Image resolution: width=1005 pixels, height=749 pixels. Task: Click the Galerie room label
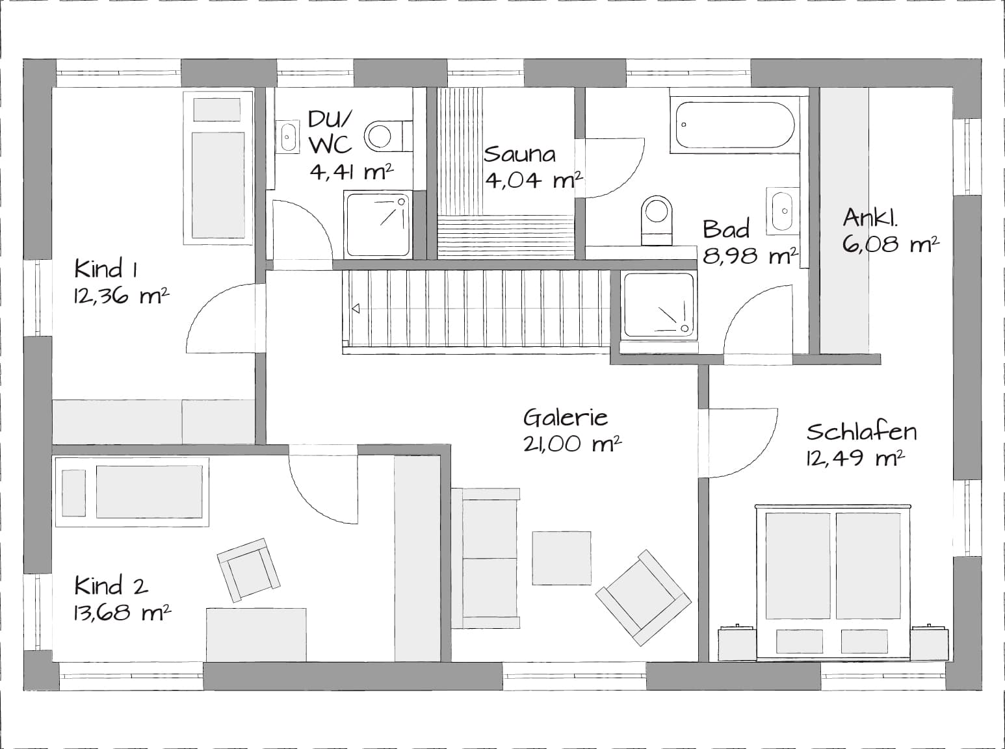[566, 417]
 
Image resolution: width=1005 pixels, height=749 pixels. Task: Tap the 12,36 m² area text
[122, 296]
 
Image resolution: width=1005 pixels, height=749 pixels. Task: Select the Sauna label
[519, 154]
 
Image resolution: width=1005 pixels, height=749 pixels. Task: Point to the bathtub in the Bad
[735, 125]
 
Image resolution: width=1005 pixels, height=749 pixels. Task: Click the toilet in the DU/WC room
[388, 136]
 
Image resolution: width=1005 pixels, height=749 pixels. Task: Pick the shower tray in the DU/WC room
[378, 225]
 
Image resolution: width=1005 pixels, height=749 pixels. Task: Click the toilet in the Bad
[657, 220]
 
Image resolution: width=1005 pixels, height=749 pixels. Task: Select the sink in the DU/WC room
[288, 136]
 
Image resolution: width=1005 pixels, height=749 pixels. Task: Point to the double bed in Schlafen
[833, 582]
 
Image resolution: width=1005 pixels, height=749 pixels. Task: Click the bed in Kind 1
[218, 168]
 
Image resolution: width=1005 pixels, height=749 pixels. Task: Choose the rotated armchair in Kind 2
[248, 570]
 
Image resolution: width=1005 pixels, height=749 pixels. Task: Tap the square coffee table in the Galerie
[562, 558]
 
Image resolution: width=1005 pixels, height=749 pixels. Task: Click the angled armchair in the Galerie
[644, 598]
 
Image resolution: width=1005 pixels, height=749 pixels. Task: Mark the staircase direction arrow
[356, 309]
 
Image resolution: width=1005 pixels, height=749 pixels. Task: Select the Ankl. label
[870, 218]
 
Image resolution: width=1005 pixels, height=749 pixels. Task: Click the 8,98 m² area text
[750, 256]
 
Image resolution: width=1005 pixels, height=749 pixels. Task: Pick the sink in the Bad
[783, 211]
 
